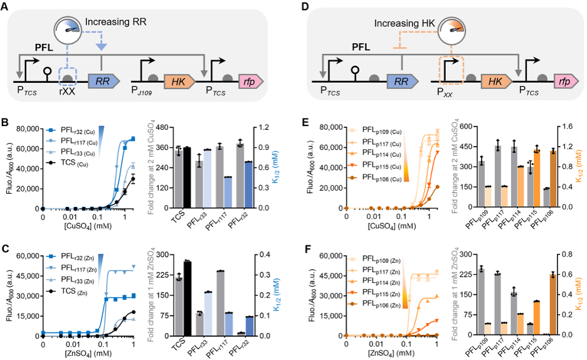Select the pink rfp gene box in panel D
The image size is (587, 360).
(564, 82)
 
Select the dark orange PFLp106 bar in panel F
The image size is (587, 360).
(554, 304)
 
